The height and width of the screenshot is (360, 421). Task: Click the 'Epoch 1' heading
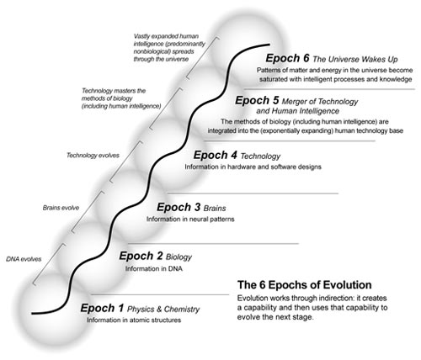102,308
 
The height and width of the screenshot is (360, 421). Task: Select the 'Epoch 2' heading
141,256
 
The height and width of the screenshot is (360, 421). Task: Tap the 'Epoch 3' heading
179,207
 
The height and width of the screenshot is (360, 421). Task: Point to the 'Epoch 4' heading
216,155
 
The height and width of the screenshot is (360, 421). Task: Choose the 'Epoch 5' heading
257,100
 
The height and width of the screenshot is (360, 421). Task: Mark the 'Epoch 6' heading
287,58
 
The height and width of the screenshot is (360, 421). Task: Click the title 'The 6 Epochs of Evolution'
305,285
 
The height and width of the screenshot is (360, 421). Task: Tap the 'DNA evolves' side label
24,259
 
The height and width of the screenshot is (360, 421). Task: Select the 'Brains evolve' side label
61,208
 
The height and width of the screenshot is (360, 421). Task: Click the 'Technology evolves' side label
93,156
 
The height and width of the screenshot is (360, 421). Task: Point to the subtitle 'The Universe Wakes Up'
355,60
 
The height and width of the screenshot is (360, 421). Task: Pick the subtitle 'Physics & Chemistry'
163,310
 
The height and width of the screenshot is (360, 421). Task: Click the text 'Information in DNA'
154,268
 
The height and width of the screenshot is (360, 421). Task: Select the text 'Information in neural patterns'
190,219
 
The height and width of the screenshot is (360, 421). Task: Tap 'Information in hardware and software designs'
253,167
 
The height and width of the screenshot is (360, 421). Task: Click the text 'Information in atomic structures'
134,320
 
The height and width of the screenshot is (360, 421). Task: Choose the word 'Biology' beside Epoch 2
179,257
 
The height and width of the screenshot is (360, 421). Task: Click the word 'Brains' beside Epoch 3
215,209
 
